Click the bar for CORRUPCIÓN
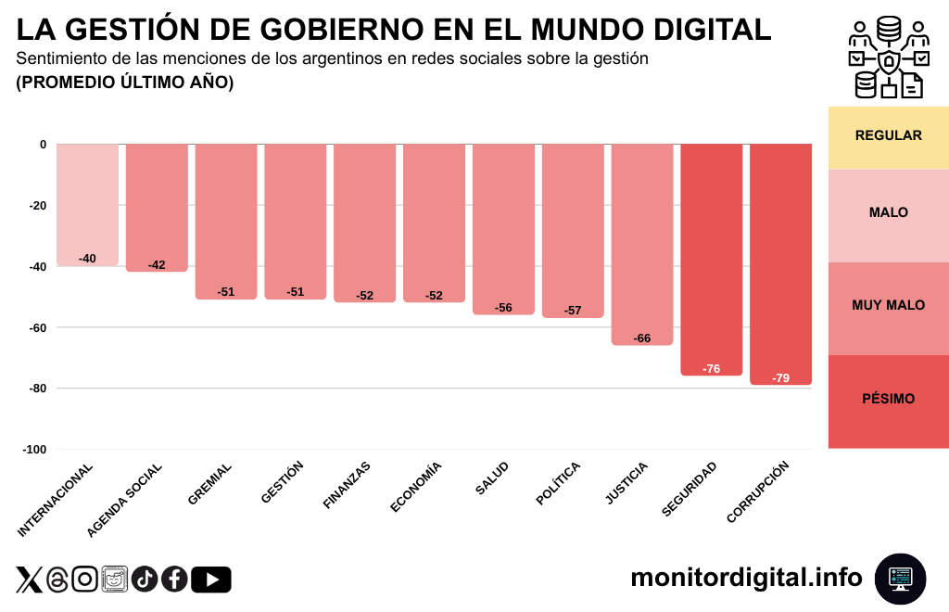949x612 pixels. click(x=780, y=264)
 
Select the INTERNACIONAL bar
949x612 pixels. click(x=87, y=205)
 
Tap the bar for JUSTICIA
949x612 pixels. click(x=642, y=244)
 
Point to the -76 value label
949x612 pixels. click(x=712, y=369)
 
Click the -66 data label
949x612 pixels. click(x=642, y=338)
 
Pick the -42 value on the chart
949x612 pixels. click(x=157, y=265)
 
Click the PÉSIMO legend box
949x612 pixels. click(x=888, y=400)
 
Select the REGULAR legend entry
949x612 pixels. click(x=888, y=136)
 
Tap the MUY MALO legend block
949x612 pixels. click(x=888, y=306)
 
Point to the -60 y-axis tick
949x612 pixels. click(x=36, y=327)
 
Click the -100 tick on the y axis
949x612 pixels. click(x=34, y=450)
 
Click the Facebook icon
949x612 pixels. click(x=174, y=580)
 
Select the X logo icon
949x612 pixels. click(x=29, y=580)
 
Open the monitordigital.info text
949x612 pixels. click(x=746, y=578)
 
